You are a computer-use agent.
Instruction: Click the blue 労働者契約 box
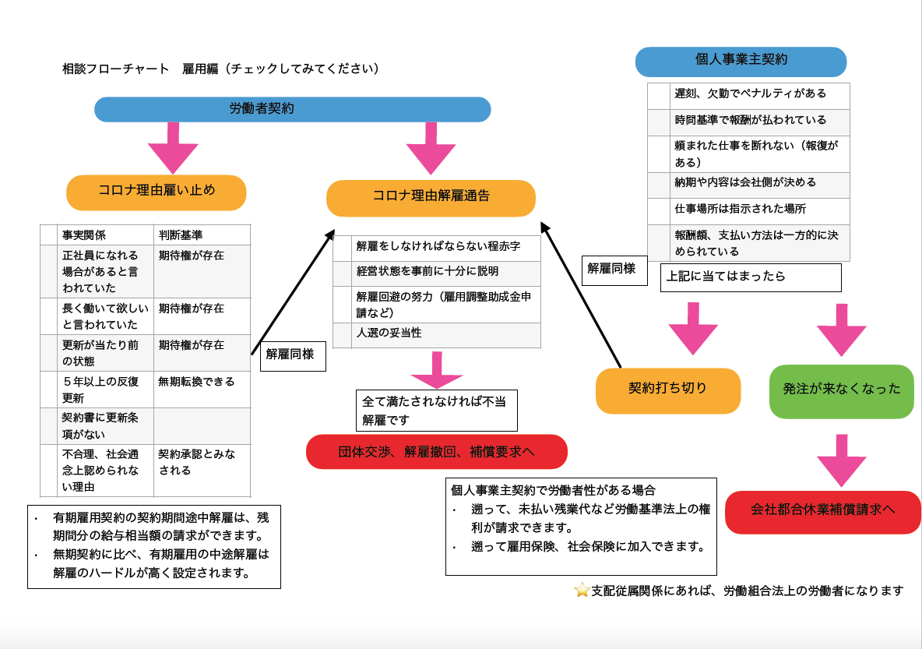click(x=292, y=109)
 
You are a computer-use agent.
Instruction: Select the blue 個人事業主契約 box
click(x=741, y=62)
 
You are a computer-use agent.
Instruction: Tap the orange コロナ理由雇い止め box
click(x=157, y=192)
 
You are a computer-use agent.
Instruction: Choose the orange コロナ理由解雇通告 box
click(x=431, y=198)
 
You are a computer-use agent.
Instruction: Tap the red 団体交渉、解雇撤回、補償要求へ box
click(x=436, y=452)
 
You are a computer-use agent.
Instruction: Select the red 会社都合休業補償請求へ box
click(x=822, y=512)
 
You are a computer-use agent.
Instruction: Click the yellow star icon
click(x=582, y=590)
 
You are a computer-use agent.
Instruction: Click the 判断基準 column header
click(x=181, y=235)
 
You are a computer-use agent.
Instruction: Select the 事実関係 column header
click(x=84, y=235)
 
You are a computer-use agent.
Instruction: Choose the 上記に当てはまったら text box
click(x=751, y=277)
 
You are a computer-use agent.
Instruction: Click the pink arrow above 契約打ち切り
click(x=692, y=328)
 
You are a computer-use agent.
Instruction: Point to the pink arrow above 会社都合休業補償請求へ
click(x=841, y=460)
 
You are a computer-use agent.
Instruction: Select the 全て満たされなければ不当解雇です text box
click(x=436, y=411)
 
